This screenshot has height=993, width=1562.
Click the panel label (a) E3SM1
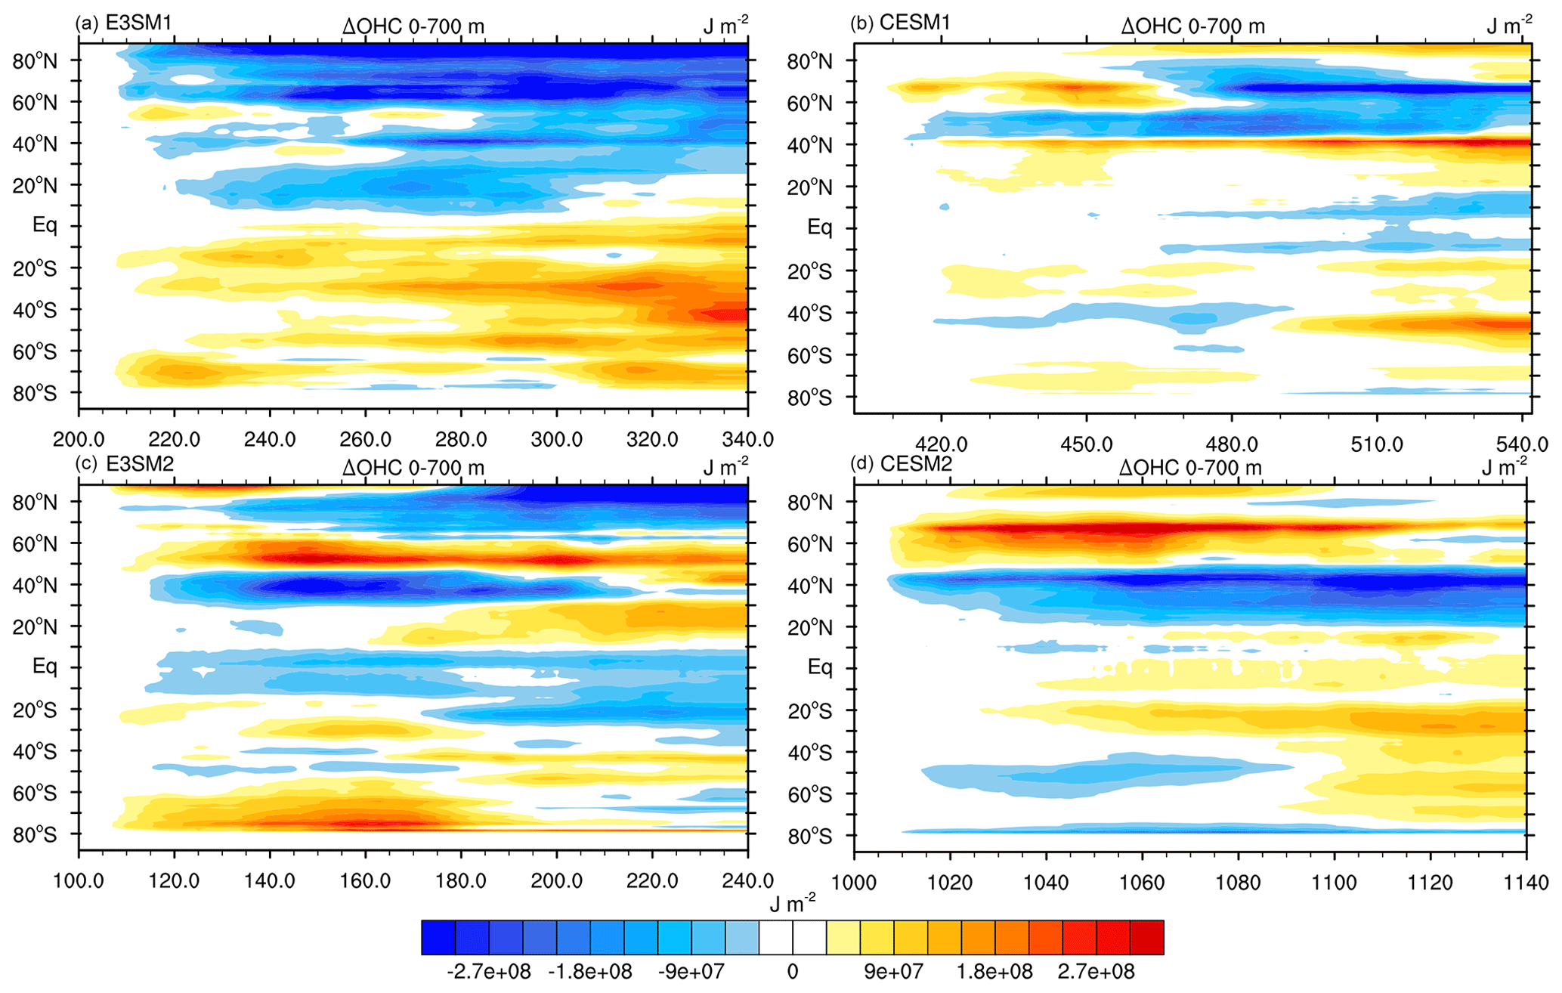[123, 23]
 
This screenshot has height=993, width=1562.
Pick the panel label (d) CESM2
[900, 464]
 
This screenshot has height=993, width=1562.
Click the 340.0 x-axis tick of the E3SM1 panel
[747, 439]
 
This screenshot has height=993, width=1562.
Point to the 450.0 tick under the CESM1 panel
[1086, 444]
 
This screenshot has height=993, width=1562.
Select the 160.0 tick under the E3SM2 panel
[365, 880]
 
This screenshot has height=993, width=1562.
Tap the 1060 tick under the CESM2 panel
[1142, 882]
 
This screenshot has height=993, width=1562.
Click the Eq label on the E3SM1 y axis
[44, 225]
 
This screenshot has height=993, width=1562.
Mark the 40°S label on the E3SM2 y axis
[35, 751]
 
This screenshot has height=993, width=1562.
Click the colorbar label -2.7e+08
[488, 971]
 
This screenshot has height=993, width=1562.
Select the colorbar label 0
[792, 971]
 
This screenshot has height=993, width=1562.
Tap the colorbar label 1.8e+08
[994, 971]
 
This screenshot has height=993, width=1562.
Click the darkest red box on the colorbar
[1146, 937]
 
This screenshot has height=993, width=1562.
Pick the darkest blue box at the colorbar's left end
[438, 937]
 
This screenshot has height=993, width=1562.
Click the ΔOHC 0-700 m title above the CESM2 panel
[1190, 468]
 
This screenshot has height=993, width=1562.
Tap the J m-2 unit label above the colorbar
[792, 902]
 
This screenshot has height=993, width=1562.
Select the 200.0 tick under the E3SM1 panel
[79, 439]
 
